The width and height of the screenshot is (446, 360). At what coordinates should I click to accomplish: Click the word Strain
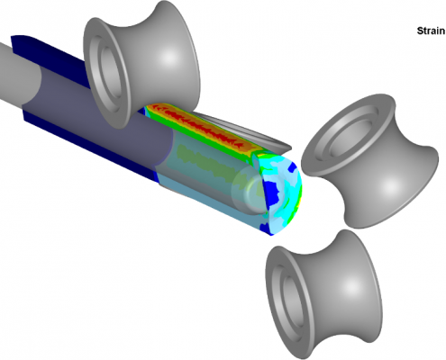pyautogui.click(x=431, y=31)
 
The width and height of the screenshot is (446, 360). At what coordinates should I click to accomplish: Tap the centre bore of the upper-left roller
pyautogui.click(x=111, y=71)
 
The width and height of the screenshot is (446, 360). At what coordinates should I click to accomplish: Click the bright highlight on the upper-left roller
pyautogui.click(x=168, y=57)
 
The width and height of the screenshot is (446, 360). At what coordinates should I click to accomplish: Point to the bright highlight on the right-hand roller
pyautogui.click(x=390, y=186)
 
